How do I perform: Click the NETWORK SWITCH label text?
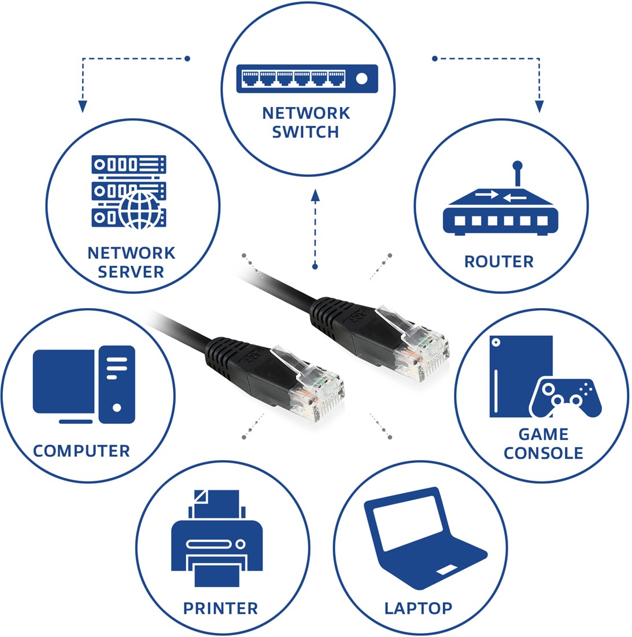pos(306,122)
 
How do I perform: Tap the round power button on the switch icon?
pos(362,79)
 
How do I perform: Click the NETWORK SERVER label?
pos(131,262)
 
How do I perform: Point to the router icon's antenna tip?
pos(518,165)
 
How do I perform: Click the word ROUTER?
pos(498,262)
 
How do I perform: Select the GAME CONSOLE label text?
pos(543,444)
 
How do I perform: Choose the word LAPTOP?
pos(418,609)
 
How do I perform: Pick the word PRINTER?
pos(220,609)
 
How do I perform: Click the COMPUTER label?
pos(82,451)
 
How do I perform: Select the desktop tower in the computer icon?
pos(117,384)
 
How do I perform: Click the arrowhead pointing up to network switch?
pos(315,195)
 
